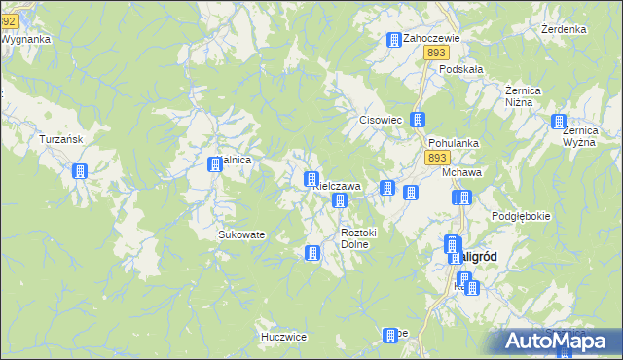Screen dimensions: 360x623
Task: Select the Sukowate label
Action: [241, 234]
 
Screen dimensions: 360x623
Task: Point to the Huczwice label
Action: [284, 337]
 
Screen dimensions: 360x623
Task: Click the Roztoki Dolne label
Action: [359, 238]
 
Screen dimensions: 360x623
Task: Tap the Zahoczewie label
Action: [431, 38]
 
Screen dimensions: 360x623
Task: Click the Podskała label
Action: [461, 69]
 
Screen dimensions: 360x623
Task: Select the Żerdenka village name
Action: [563, 29]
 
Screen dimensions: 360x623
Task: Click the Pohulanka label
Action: [454, 142]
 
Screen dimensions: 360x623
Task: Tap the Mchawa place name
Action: [463, 172]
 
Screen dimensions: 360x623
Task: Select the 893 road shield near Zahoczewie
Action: [435, 54]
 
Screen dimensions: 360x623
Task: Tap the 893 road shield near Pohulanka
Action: [438, 157]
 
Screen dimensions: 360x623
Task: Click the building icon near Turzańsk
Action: [80, 172]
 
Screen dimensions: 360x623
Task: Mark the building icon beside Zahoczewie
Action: [394, 41]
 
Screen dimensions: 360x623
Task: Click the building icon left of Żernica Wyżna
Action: [559, 123]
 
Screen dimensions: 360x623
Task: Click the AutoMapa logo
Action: [559, 342]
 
